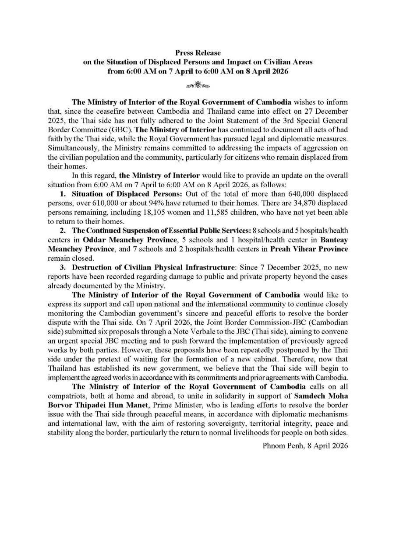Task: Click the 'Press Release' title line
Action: pos(198,53)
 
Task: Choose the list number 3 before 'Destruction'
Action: pos(63,267)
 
